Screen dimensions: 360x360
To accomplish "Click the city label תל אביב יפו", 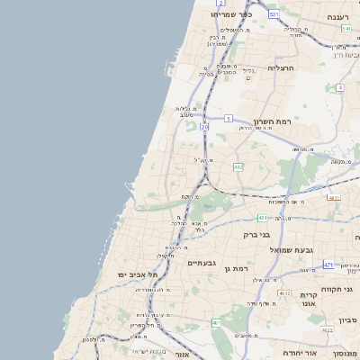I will (137, 274).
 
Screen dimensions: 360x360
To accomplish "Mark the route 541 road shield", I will (346, 29).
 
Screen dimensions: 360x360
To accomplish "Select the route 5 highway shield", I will (229, 118).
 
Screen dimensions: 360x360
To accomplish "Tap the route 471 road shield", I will (328, 265).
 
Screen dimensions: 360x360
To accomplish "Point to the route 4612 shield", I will (284, 293).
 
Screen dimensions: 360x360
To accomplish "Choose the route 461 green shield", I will (216, 322).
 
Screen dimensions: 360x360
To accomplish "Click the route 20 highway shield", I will (205, 129).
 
